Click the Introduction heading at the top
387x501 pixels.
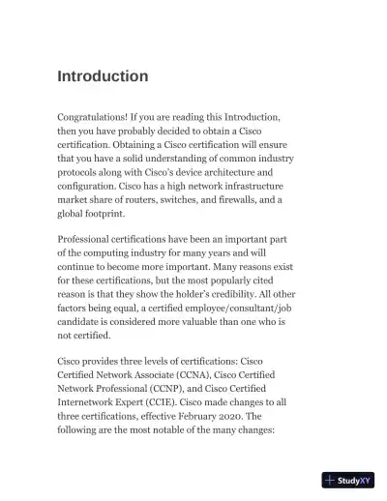click(x=103, y=76)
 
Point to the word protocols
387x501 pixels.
click(x=82, y=172)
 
